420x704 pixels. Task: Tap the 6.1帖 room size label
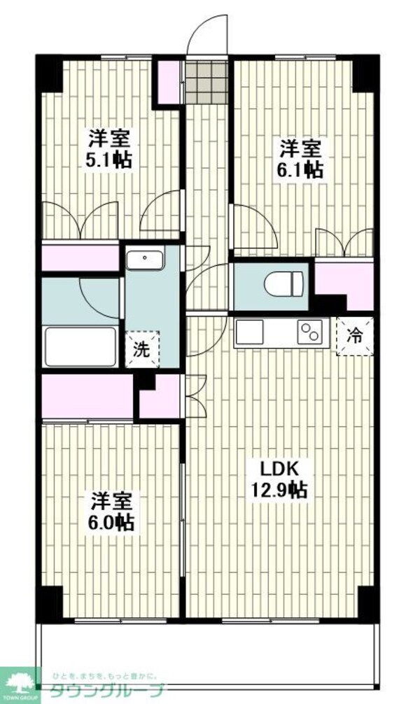[302, 169]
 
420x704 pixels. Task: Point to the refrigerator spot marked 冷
[356, 335]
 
